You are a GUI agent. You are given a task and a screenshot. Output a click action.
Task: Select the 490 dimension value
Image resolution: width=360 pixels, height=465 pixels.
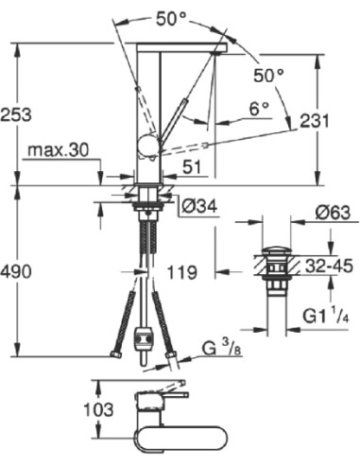[17, 272]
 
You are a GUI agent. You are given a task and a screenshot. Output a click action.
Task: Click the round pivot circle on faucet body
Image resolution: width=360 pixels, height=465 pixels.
[146, 144]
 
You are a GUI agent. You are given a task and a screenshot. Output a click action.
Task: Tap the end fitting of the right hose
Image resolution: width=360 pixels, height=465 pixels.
[173, 355]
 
